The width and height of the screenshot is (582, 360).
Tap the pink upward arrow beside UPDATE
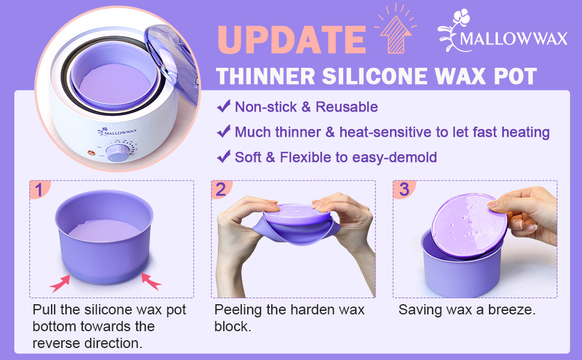coord(395,34)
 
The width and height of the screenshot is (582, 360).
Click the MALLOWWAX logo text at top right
coord(513,40)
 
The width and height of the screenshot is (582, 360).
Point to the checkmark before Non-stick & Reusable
coord(224,106)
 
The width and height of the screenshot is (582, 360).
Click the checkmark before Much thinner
coord(224,131)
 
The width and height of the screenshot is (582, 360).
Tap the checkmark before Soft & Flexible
coord(224,157)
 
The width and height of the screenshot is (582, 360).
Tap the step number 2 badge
coord(220,190)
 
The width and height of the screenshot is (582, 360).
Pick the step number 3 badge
coord(403,190)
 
